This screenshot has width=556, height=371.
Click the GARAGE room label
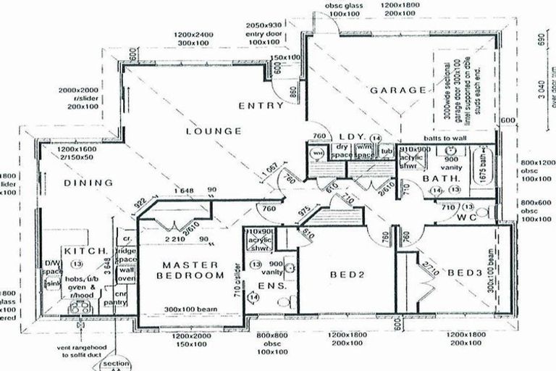(398, 91)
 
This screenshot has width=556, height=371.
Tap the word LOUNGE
(213, 131)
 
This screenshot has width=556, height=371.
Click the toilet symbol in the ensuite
(290, 267)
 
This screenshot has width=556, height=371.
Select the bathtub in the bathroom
(486, 167)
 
